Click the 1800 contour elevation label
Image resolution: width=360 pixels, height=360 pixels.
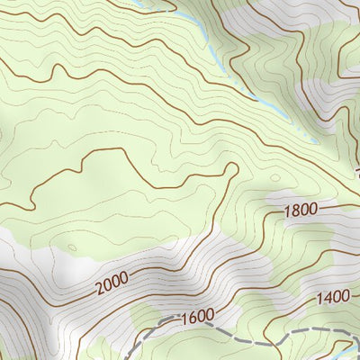click(x=300, y=211)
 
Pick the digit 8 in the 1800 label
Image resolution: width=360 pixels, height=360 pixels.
click(x=295, y=211)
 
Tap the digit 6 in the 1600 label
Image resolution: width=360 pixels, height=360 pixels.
click(x=190, y=317)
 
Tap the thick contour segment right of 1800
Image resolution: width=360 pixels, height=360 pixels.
click(x=337, y=206)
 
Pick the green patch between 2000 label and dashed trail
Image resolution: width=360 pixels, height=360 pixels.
click(x=144, y=315)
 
